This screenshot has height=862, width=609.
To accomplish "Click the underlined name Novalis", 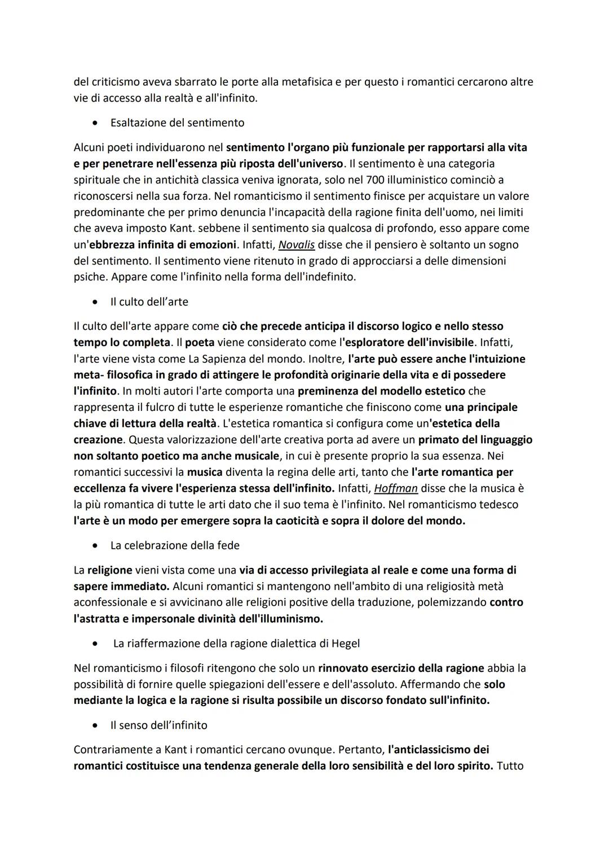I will [x=297, y=245].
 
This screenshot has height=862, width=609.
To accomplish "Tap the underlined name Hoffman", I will [x=396, y=488].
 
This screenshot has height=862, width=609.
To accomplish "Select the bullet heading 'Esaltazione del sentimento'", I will [x=177, y=122].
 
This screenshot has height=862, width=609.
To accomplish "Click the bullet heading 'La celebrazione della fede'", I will [x=175, y=545].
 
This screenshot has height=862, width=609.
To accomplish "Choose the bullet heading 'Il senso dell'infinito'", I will [x=158, y=725].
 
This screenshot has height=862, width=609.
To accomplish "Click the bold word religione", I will [x=109, y=570].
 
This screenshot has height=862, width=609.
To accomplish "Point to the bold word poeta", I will [x=200, y=343].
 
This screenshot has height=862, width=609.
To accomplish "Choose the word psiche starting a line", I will [x=90, y=278].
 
